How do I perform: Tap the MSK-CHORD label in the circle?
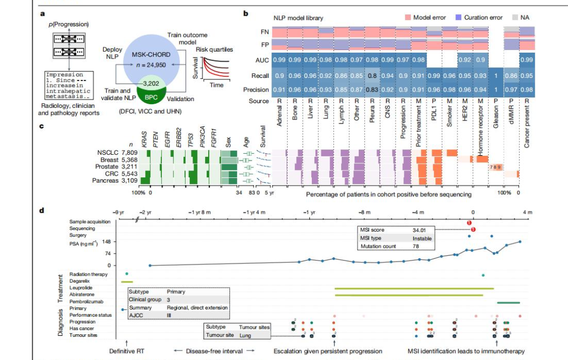150,55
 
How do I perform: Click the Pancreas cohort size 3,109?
130,181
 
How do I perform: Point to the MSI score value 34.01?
420,230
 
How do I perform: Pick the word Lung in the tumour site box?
246,335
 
